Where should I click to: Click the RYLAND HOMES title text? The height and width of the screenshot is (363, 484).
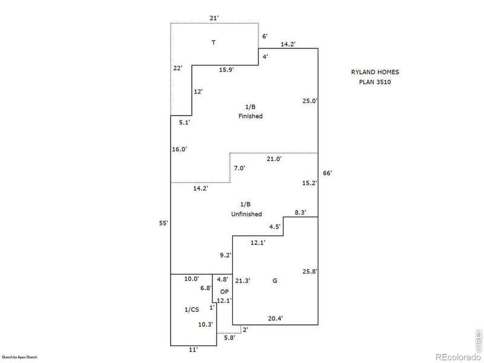click(375, 72)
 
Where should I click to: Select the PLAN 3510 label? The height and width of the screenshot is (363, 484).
click(375, 82)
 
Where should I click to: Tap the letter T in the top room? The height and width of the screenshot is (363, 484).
click(213, 43)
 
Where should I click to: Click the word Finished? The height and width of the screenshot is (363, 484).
click(250, 116)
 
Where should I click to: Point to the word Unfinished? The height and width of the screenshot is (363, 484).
click(246, 214)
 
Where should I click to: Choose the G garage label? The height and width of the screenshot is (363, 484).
click(275, 281)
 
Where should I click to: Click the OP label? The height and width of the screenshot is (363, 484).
click(224, 292)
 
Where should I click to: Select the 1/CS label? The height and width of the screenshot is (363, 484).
click(191, 310)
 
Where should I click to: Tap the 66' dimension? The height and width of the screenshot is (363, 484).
click(327, 173)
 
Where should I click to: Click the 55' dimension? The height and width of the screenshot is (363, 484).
click(163, 223)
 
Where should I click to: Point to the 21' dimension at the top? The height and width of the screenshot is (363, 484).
click(214, 18)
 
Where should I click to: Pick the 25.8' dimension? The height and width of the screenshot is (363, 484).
click(309, 272)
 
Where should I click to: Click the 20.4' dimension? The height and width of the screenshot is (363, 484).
click(275, 318)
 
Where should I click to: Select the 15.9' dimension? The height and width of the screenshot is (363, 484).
click(226, 70)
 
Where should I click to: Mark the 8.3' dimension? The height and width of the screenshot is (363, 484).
click(300, 212)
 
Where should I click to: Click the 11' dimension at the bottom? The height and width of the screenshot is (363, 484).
click(193, 350)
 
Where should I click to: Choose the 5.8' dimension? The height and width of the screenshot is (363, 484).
click(229, 338)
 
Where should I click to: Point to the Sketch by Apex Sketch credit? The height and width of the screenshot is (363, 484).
click(20, 358)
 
